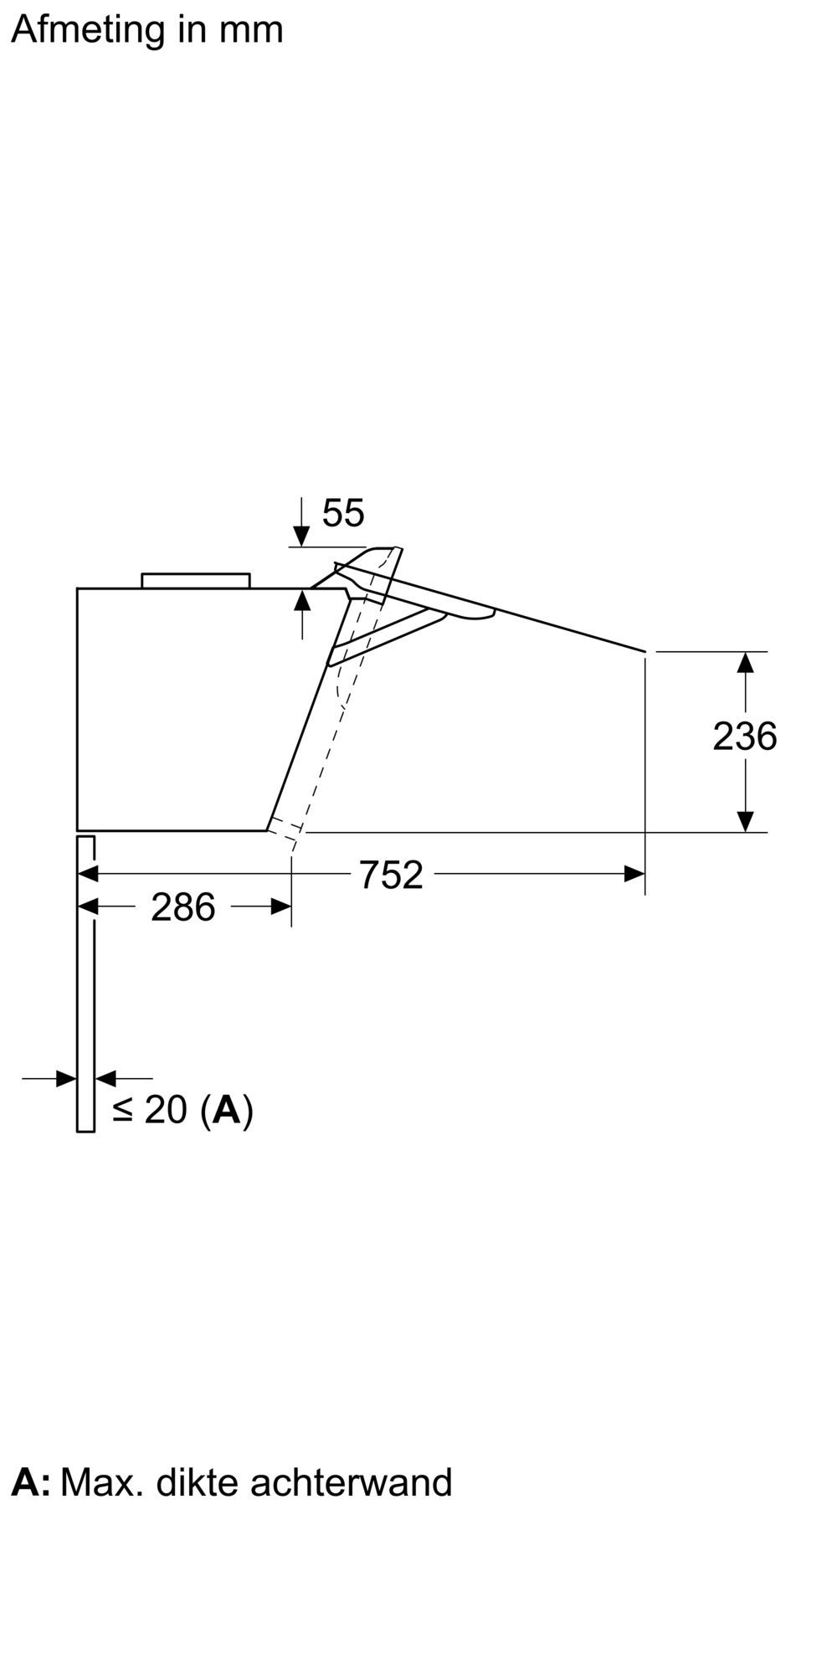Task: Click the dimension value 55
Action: coord(343,513)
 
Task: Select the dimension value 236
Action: coord(744,737)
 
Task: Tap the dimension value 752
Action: coord(391,876)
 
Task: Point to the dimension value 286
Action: coord(182,907)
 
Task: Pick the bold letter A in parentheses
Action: coord(227,1110)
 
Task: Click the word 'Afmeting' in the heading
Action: coord(89,30)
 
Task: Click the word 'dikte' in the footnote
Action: coord(198,1482)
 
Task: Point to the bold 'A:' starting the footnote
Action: coord(30,1482)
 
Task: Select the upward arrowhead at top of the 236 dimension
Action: coord(745,662)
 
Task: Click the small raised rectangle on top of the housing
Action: coord(196,580)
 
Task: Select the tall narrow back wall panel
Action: coord(85,983)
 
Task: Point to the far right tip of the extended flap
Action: coord(644,650)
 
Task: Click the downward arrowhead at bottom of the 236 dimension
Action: coord(745,821)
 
